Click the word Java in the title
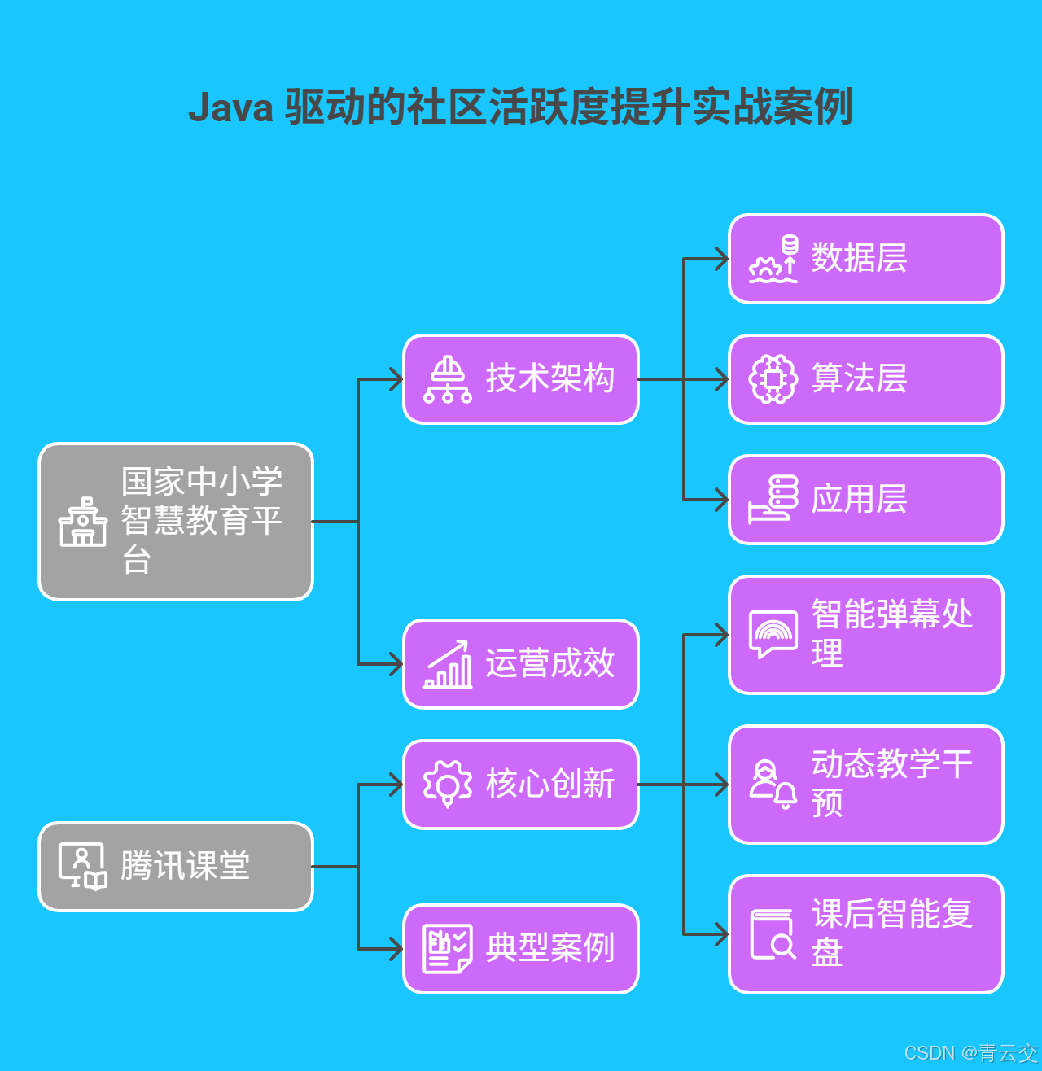coord(230,107)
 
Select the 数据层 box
coord(865,259)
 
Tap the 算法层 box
coord(865,379)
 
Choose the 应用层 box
coord(865,500)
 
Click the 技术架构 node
coord(521,379)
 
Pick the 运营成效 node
coord(521,664)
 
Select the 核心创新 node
coord(521,785)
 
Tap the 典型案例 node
coord(521,949)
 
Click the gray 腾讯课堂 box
coord(176,867)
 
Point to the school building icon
coord(82,522)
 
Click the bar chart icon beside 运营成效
coord(448,664)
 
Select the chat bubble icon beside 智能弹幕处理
coord(773,634)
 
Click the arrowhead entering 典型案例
coord(396,949)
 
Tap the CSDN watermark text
coord(970,1053)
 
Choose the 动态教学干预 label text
coord(891,783)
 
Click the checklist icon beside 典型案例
coord(448,949)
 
